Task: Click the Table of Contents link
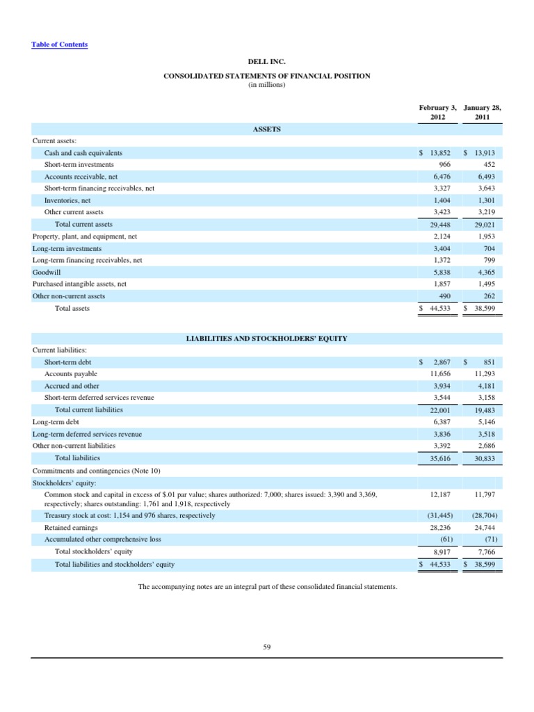(60, 44)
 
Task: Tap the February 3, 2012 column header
(437, 113)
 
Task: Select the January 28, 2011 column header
(482, 113)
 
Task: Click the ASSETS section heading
(266, 129)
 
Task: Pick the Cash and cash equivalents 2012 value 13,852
(442, 153)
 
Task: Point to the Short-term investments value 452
(489, 165)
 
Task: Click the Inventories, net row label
(67, 200)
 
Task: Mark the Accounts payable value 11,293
(486, 374)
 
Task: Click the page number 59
(266, 647)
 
